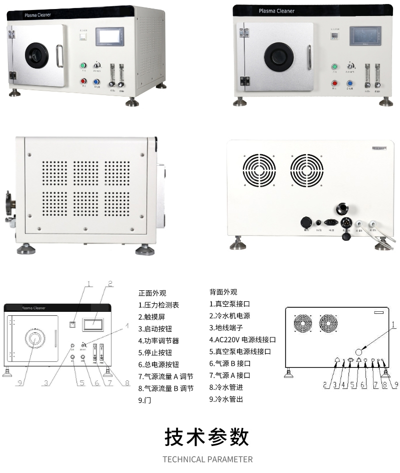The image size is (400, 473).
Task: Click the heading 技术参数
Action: point(206,437)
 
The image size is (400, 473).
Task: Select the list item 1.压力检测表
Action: point(158,304)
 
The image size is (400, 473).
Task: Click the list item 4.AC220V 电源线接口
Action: point(242,339)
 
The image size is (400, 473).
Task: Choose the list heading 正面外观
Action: point(152,293)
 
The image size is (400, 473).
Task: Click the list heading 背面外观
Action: point(223,292)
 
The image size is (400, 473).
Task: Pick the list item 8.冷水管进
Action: point(226,387)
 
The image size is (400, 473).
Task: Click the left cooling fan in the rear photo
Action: point(259,170)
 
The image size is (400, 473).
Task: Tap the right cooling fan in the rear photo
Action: point(306,170)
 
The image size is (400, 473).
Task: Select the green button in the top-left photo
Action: point(83,66)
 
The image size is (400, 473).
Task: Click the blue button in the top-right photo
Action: point(351,83)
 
